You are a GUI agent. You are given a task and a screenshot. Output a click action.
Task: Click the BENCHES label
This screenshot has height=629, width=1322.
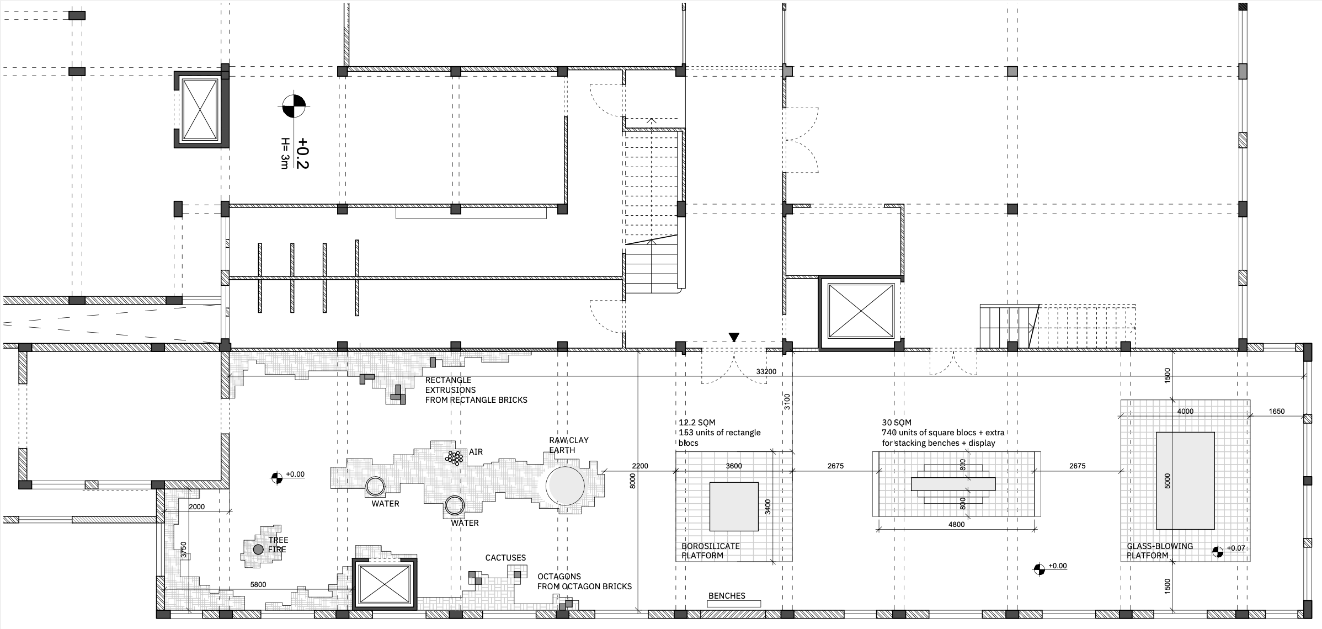click(727, 596)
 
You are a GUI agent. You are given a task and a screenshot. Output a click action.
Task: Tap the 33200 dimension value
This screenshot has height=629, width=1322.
click(766, 372)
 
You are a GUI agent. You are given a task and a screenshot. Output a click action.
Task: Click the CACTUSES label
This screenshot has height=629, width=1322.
click(505, 558)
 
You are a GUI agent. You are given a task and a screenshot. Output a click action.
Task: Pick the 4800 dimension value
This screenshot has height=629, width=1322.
click(956, 524)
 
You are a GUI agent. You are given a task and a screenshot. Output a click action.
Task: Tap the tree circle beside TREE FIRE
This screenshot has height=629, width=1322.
click(258, 549)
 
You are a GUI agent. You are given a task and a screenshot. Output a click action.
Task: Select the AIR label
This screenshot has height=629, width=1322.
click(476, 452)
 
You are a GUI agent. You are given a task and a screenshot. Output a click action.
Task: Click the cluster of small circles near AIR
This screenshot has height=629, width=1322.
click(455, 457)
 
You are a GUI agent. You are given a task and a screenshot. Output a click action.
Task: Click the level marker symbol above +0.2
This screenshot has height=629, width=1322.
click(294, 106)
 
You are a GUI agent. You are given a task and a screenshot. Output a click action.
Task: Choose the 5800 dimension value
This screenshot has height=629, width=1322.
click(258, 584)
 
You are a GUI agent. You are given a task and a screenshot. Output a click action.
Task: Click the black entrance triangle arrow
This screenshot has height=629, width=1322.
click(734, 337)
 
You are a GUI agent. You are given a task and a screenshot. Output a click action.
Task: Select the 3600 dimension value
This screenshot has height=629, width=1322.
click(733, 466)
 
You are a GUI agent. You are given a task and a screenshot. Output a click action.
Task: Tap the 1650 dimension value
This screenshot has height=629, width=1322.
click(1277, 411)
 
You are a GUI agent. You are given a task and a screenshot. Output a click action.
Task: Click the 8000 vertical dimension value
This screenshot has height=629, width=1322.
click(633, 481)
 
